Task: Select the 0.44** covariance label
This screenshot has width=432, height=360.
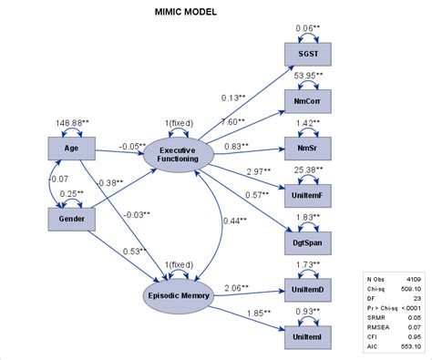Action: click(233, 221)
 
